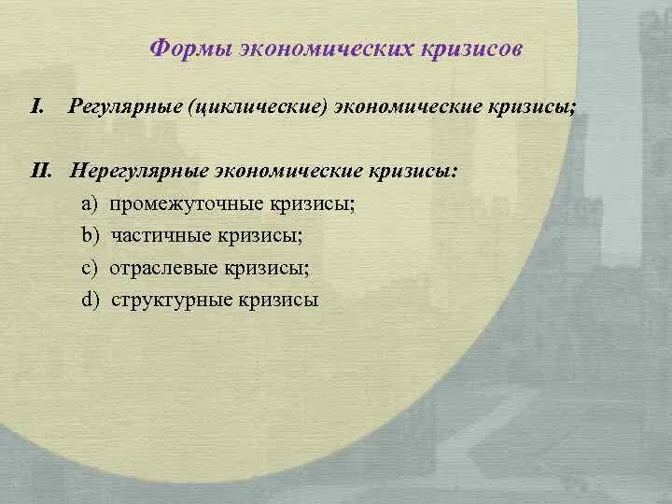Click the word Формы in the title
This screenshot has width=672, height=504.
pyautogui.click(x=181, y=48)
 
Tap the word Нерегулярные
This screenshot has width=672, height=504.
pyautogui.click(x=133, y=171)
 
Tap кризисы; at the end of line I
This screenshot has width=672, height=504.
pyautogui.click(x=532, y=107)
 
